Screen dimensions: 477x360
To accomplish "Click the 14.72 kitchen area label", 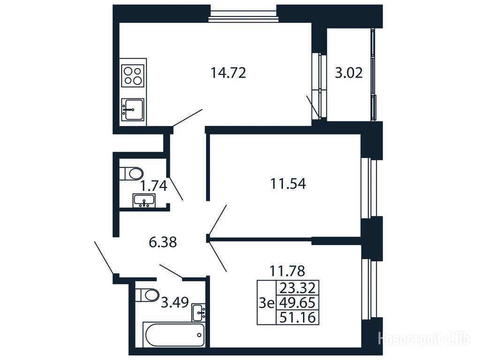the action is pyautogui.click(x=228, y=73).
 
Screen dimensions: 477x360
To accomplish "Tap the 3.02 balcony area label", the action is pyautogui.click(x=348, y=73).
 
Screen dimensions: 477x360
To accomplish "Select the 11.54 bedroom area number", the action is pyautogui.click(x=288, y=184).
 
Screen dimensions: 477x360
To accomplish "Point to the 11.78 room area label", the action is pyautogui.click(x=287, y=270).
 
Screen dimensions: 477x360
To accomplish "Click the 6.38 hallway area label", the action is pyautogui.click(x=163, y=242).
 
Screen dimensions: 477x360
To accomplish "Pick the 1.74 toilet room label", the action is pyautogui.click(x=154, y=186).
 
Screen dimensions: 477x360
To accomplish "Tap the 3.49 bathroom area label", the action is pyautogui.click(x=175, y=302).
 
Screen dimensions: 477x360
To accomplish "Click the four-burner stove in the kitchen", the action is pyautogui.click(x=133, y=76).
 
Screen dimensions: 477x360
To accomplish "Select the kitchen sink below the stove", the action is pyautogui.click(x=132, y=110).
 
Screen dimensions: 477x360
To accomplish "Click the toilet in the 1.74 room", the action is pyautogui.click(x=131, y=173).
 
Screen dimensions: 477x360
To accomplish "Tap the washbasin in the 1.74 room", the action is pyautogui.click(x=144, y=201).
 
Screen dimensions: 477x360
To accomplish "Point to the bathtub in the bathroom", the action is pyautogui.click(x=175, y=335).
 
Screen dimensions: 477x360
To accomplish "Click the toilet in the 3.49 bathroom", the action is pyautogui.click(x=147, y=295).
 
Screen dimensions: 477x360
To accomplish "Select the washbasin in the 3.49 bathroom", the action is pyautogui.click(x=199, y=313).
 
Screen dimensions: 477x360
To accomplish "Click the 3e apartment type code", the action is pyautogui.click(x=266, y=303).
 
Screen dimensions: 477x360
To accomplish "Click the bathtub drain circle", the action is pyautogui.click(x=199, y=335).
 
